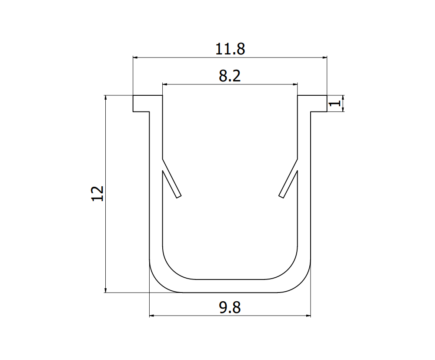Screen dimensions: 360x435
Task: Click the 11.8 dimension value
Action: [x=230, y=49]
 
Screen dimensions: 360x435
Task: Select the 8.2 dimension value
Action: [x=230, y=76]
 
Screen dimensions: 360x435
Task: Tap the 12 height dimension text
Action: [x=98, y=193]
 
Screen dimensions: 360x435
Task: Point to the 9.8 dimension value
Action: [x=230, y=308]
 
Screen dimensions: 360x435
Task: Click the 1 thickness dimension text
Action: [x=335, y=104]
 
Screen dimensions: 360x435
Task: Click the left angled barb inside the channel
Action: [x=171, y=183]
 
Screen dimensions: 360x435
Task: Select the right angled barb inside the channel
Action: [x=289, y=183]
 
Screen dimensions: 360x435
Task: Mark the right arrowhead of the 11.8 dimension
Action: [x=324, y=57]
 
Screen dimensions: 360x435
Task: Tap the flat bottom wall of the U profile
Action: [x=230, y=286]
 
